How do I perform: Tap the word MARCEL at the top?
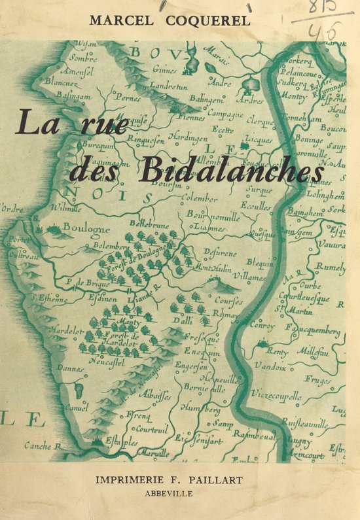(120, 20)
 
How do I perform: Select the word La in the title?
(37, 123)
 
